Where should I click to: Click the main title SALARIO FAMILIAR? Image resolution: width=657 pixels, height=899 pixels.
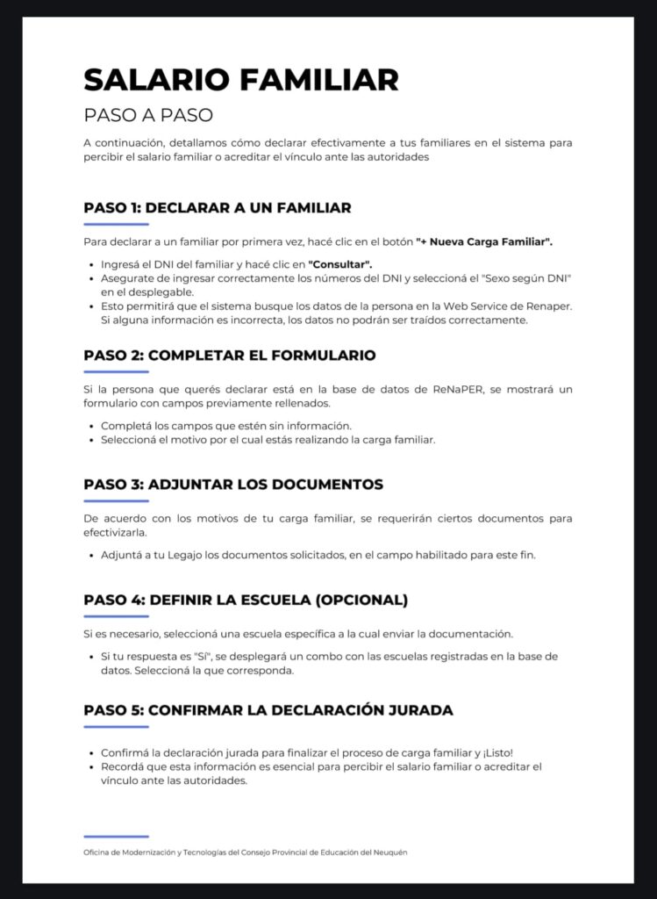coord(241,80)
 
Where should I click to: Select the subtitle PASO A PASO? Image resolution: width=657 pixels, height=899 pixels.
coord(148,115)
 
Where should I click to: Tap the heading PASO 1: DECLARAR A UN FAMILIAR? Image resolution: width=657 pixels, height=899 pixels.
coord(218,208)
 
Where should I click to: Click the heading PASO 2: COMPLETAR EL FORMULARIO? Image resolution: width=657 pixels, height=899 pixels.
coord(230,356)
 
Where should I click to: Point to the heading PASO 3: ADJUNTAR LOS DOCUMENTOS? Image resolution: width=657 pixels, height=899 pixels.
coord(233,485)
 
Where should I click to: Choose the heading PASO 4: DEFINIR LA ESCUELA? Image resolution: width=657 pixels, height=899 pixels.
coord(246,601)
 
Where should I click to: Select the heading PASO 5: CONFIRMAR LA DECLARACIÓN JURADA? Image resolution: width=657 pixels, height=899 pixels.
coord(268,710)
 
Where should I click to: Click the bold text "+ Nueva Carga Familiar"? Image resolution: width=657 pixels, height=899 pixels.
coord(483,241)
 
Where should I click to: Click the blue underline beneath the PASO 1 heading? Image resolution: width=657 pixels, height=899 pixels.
coord(116,226)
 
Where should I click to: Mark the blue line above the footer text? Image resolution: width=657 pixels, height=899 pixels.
coord(116,837)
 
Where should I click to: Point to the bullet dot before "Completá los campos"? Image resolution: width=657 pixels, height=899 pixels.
coord(92,426)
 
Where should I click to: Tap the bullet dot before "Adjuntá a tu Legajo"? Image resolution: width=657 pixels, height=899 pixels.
coord(92,555)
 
